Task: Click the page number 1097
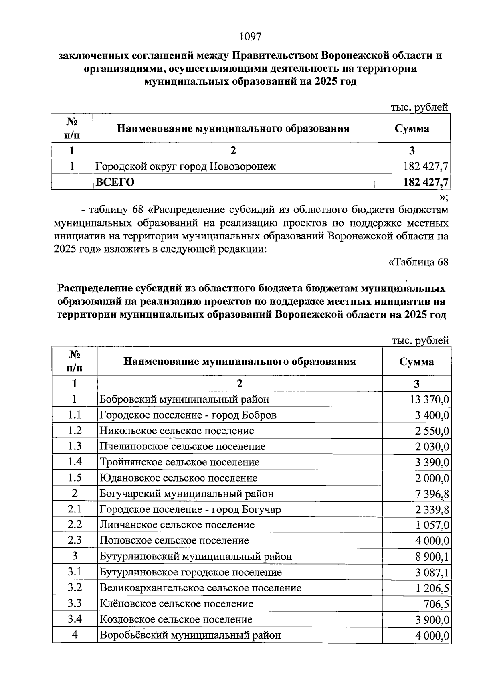tap(250, 37)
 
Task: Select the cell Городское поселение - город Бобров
tap(188, 415)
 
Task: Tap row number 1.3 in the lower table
tap(75, 446)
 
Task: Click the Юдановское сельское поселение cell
tap(178, 478)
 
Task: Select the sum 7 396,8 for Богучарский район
tap(432, 494)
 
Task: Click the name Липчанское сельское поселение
tap(177, 525)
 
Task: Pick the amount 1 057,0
tap(432, 525)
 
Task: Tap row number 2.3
tap(75, 540)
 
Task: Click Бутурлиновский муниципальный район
tap(196, 557)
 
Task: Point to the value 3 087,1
tap(432, 573)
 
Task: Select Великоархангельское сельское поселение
tap(200, 588)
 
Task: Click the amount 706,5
tap(437, 604)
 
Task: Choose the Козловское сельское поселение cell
tap(176, 619)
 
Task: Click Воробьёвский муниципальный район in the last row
tap(190, 635)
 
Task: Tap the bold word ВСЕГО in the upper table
tap(115, 182)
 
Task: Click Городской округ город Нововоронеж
tap(185, 166)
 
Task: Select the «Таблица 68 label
tap(418, 262)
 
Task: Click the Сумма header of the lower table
tap(416, 362)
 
